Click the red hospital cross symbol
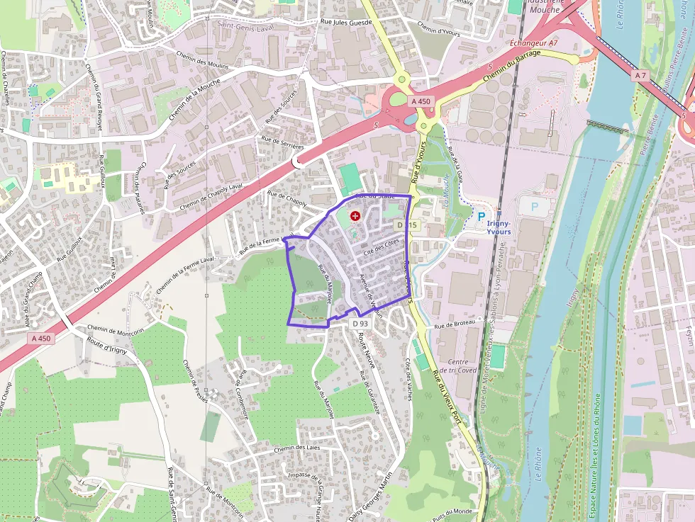355,215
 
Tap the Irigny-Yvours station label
499,227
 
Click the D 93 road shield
360,323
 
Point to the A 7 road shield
641,75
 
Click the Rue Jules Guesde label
346,23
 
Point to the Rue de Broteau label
455,325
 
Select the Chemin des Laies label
299,448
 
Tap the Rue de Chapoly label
287,198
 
